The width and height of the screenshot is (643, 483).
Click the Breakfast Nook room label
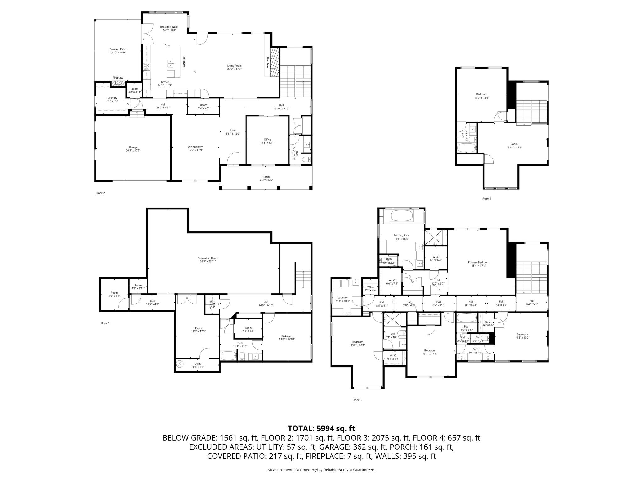[x=169, y=27]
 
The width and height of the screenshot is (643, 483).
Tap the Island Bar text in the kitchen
[x=184, y=63]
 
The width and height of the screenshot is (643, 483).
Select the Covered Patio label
[x=118, y=49]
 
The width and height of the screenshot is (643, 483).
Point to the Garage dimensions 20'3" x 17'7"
[x=133, y=151]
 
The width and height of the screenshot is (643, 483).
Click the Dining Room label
[x=195, y=147]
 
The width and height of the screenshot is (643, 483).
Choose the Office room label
[x=267, y=139]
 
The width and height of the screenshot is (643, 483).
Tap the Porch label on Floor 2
[x=266, y=177]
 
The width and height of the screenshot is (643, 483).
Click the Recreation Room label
[x=208, y=258]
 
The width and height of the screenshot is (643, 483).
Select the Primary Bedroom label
[x=478, y=262]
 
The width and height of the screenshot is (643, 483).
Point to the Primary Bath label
[x=401, y=235]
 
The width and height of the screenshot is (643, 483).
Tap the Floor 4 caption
[x=486, y=199]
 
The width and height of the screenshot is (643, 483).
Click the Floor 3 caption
[x=357, y=400]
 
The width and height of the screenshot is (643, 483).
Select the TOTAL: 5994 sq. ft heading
[x=321, y=428]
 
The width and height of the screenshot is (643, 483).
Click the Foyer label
[x=233, y=130]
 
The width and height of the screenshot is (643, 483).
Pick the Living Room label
[x=234, y=66]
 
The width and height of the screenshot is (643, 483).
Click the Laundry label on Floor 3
[x=343, y=297]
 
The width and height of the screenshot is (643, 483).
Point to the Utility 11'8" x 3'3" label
[x=197, y=364]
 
